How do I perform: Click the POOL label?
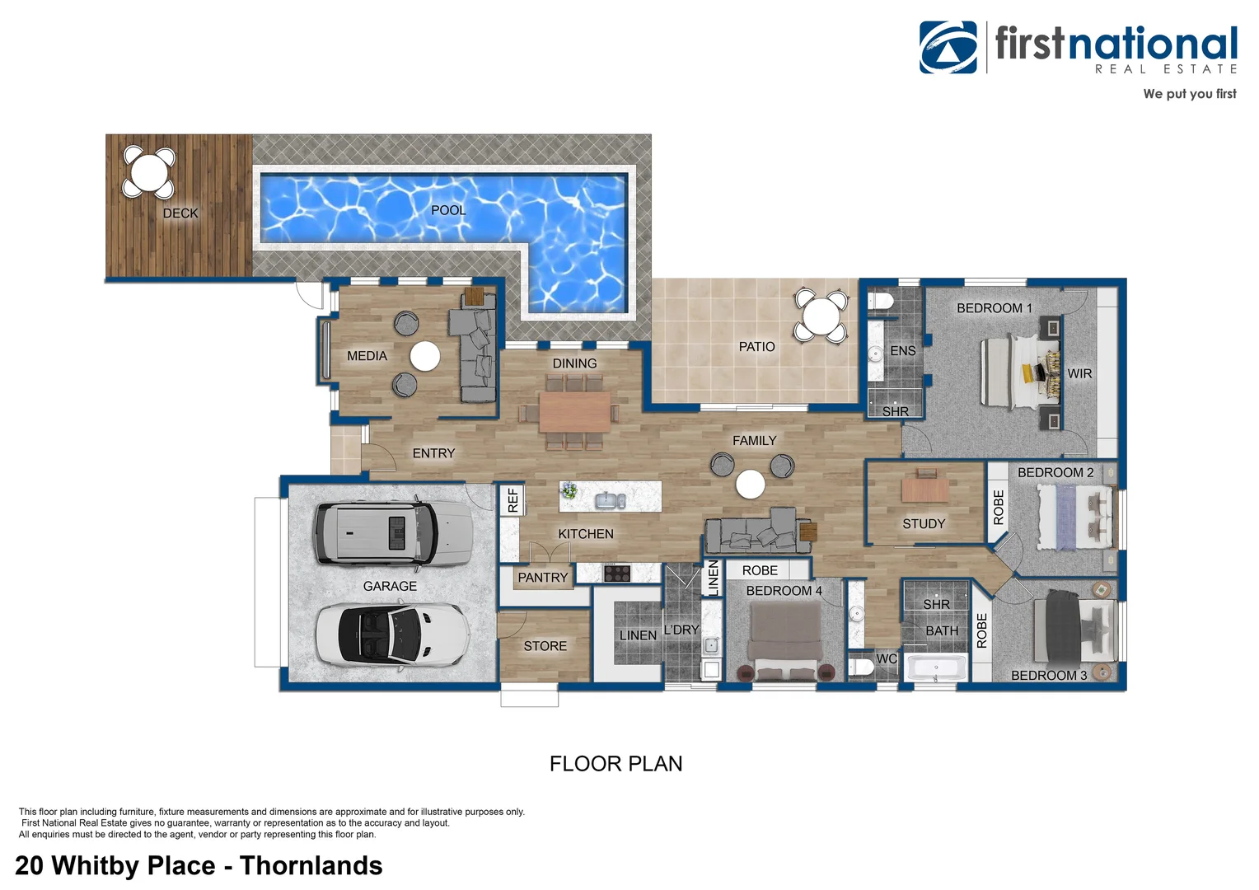click(448, 210)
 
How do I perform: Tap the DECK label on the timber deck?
click(180, 213)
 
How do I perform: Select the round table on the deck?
click(149, 172)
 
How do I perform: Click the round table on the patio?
click(821, 316)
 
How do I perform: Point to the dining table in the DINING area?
click(574, 411)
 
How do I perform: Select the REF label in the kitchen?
click(512, 500)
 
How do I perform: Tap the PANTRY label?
click(542, 578)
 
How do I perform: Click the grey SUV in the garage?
click(391, 533)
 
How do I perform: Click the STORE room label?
click(545, 646)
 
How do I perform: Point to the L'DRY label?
click(681, 630)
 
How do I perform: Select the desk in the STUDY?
click(925, 489)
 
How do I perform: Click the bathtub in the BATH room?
click(936, 667)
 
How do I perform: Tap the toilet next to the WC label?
click(862, 666)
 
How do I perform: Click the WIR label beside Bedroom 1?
click(1079, 373)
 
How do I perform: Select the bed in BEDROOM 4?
click(784, 639)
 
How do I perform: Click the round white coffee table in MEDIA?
click(425, 356)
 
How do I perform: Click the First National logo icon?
click(948, 48)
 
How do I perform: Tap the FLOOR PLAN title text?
click(615, 764)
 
